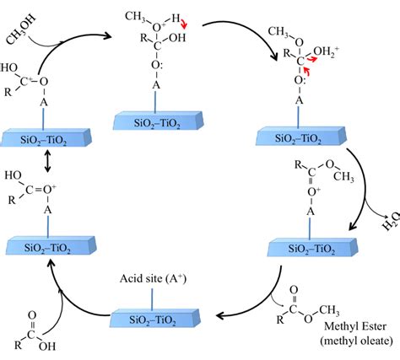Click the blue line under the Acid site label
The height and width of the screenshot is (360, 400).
pyautogui.click(x=149, y=303)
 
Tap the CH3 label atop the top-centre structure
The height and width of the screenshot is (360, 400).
pyautogui.click(x=132, y=14)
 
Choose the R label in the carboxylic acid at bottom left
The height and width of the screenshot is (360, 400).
pyautogui.click(x=17, y=347)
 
